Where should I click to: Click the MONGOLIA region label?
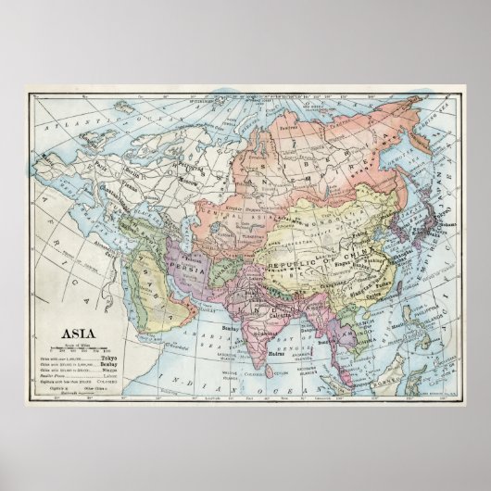click(x=315, y=196)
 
